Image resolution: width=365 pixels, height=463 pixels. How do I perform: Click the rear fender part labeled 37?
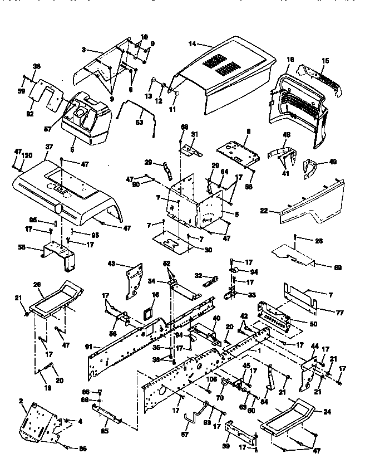tap(67, 189)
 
